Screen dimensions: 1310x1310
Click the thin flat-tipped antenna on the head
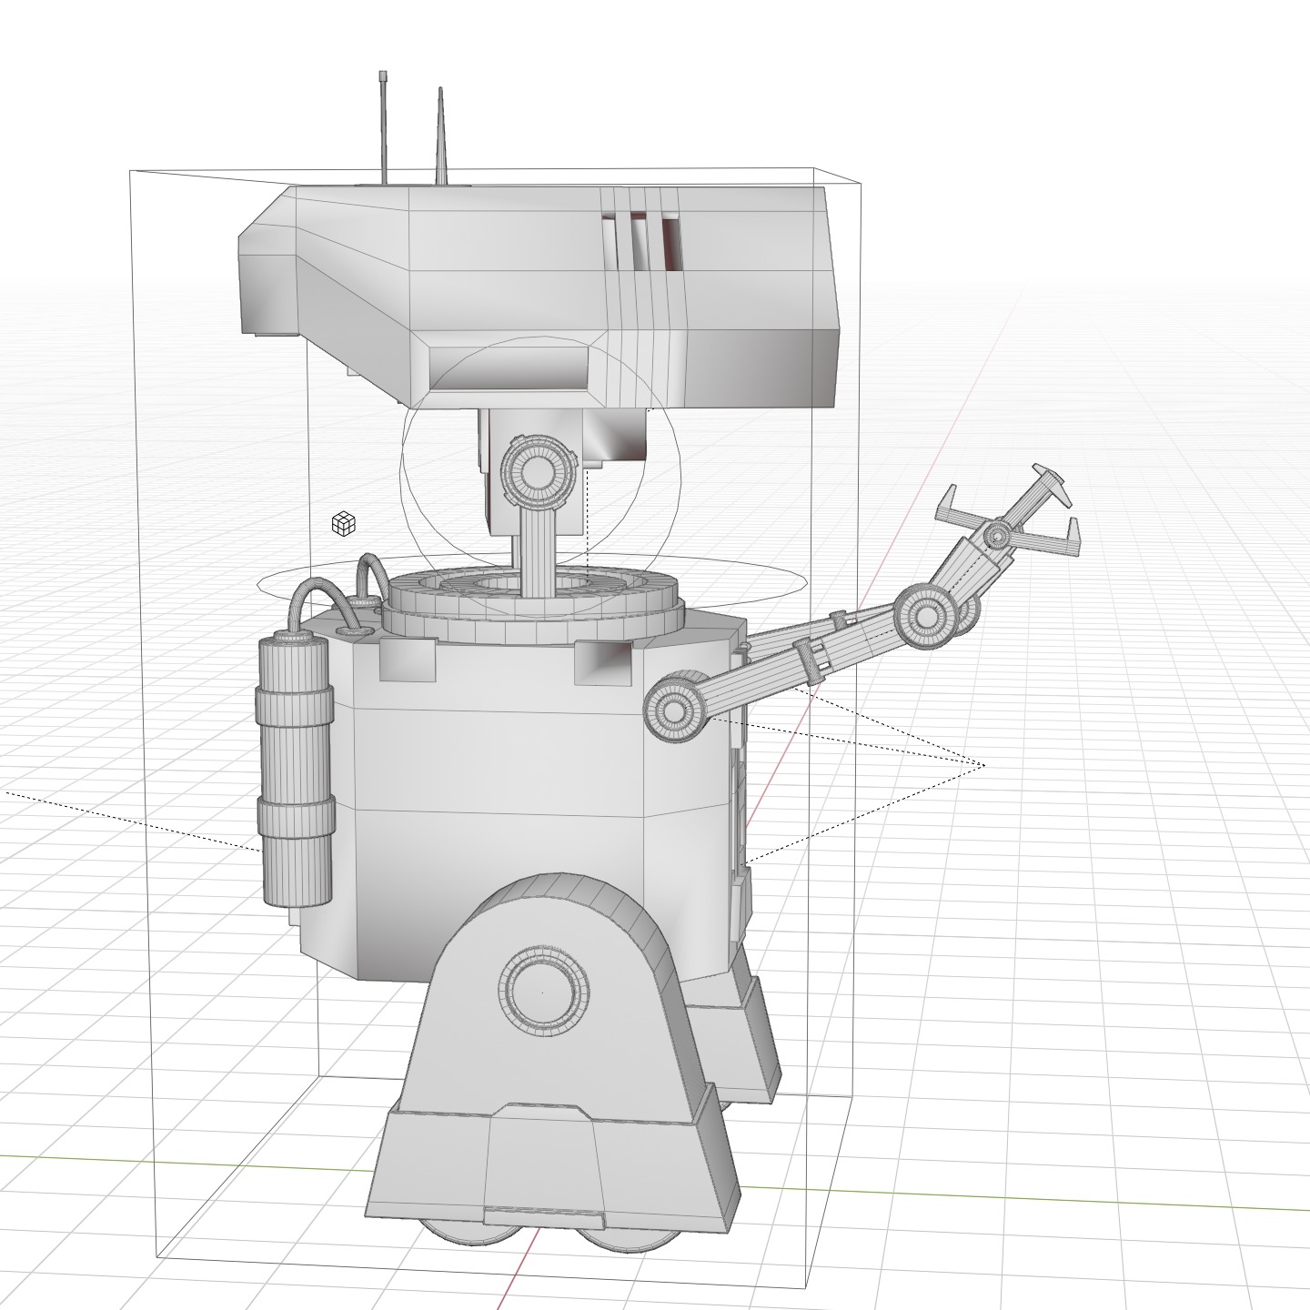[384, 127]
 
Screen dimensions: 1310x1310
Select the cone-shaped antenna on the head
[441, 146]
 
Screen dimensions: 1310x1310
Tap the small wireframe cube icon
[343, 524]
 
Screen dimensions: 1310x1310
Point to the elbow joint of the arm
[926, 617]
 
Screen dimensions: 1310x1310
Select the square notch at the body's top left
[407, 660]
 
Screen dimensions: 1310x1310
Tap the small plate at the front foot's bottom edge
[542, 1216]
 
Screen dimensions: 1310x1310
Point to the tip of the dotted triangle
[984, 765]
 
